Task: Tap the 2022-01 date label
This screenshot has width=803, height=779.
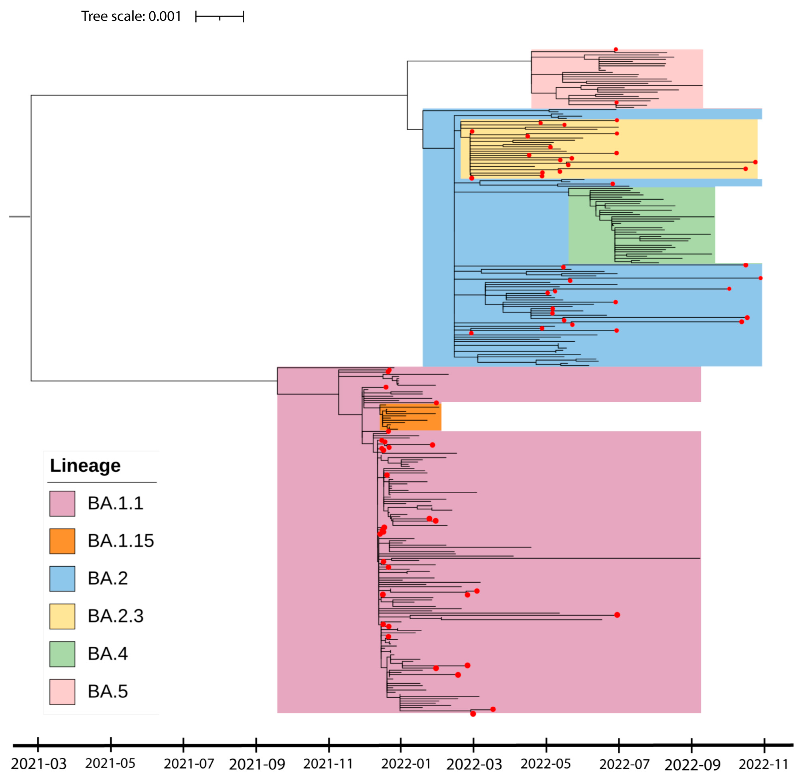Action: (x=406, y=764)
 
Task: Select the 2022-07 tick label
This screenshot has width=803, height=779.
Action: (x=624, y=764)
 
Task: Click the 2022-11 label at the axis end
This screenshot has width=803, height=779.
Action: (x=763, y=764)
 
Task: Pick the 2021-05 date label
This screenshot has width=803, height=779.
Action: (x=110, y=763)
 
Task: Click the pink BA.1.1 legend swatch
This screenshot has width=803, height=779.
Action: (x=62, y=503)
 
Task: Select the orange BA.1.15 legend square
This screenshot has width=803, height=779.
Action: (x=62, y=541)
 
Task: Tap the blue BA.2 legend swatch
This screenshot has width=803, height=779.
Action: (x=62, y=579)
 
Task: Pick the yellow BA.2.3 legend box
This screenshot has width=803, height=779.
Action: (x=62, y=616)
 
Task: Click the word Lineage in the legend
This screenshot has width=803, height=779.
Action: (x=85, y=466)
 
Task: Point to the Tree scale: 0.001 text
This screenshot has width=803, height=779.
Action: (x=131, y=16)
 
